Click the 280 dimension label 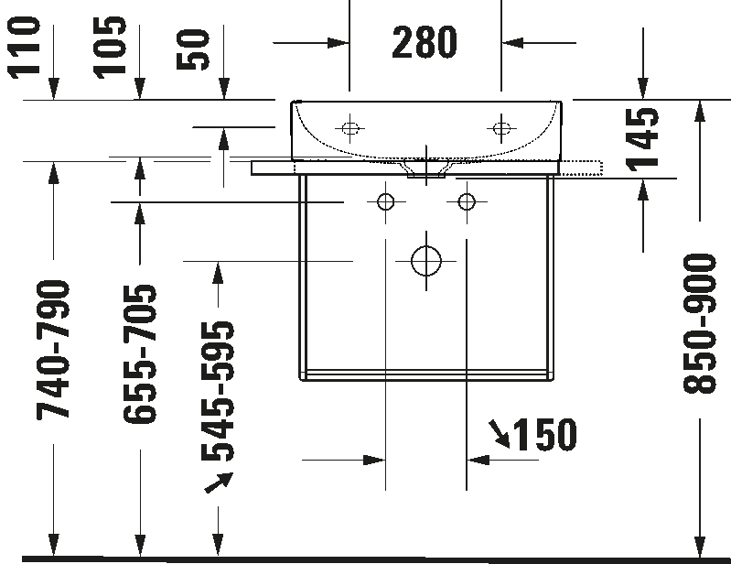point(425,43)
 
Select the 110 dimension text point(25,46)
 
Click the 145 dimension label point(644,139)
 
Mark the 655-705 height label point(141,353)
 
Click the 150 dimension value point(544,436)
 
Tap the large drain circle point(426,260)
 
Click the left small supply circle point(386,201)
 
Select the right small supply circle point(468,201)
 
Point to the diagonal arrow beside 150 point(500,435)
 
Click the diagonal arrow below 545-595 point(220,483)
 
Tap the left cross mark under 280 point(349,130)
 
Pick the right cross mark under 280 point(502,130)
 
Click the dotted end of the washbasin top point(582,167)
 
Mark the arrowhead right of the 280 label point(513,42)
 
